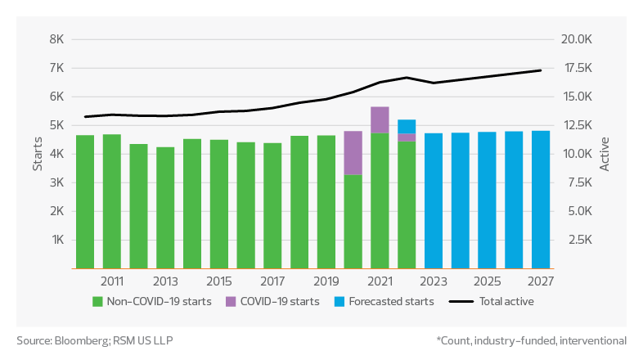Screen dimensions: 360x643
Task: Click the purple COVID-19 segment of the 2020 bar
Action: [x=353, y=152]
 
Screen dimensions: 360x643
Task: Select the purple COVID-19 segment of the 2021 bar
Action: [x=380, y=119]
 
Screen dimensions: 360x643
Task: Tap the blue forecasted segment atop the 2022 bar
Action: [x=407, y=126]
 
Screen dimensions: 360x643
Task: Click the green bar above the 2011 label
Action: [x=112, y=200]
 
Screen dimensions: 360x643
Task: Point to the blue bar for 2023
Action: [x=434, y=200]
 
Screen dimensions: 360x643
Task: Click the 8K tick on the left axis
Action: [x=56, y=39]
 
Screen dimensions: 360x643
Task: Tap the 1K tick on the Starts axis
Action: [x=56, y=240]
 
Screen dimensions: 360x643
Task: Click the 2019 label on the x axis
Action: [x=326, y=281]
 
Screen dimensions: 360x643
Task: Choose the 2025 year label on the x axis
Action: [x=487, y=281]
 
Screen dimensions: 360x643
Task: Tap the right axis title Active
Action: [x=605, y=154]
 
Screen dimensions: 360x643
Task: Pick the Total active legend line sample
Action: [x=461, y=301]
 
